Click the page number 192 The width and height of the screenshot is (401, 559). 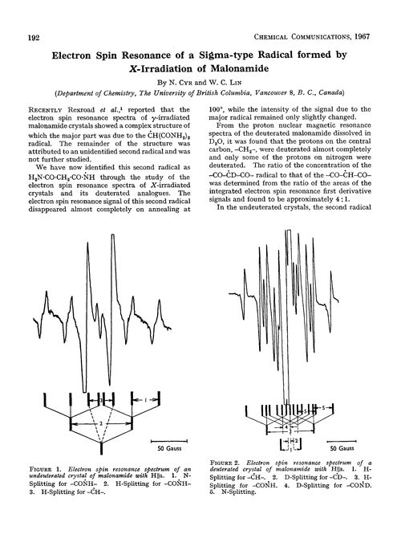click(35, 37)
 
